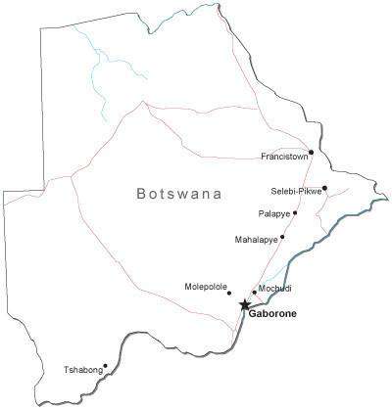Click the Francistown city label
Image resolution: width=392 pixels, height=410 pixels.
click(x=284, y=157)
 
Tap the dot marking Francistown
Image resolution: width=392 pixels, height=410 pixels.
click(x=311, y=152)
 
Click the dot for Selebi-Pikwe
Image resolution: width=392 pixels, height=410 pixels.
click(x=324, y=188)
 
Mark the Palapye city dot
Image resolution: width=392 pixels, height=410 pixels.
click(x=295, y=212)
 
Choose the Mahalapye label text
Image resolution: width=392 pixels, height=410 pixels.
click(x=257, y=239)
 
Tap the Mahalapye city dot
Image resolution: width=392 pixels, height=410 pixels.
click(x=282, y=237)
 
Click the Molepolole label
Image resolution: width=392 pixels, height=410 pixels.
click(x=204, y=287)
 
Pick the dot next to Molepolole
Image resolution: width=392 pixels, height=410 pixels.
click(x=229, y=293)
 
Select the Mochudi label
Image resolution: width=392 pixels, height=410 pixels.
click(x=274, y=289)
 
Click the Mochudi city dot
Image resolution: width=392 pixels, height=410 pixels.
click(x=254, y=292)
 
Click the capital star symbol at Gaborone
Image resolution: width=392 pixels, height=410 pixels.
click(x=244, y=305)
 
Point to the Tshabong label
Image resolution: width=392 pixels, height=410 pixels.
click(x=82, y=370)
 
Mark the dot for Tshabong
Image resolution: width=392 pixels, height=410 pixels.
click(x=105, y=367)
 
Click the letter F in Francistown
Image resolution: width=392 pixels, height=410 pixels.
click(x=264, y=157)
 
